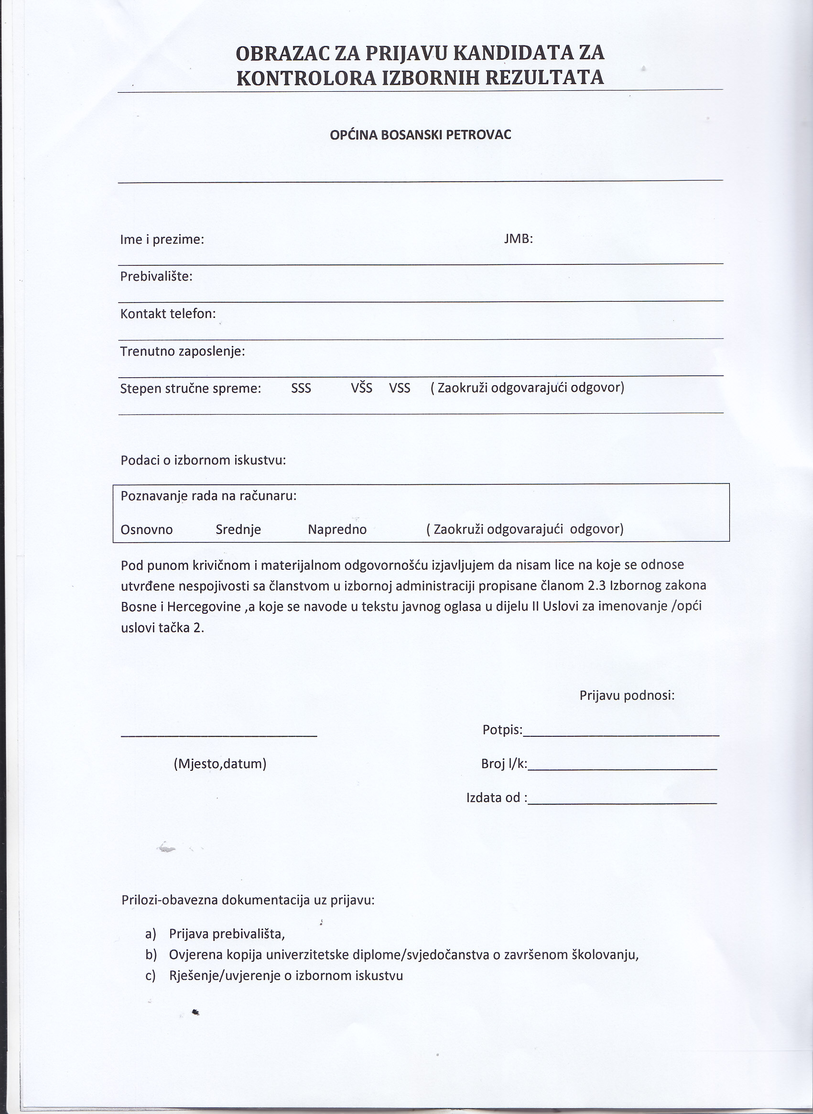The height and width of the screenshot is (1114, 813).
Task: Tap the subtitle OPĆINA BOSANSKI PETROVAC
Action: coord(420,135)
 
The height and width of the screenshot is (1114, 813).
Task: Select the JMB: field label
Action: coord(518,239)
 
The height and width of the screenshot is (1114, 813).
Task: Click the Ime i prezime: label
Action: coord(162,240)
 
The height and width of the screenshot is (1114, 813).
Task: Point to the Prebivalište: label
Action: coord(156,277)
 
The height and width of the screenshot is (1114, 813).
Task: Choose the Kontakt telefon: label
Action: coord(168,314)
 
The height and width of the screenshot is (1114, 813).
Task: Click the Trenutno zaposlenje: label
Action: coord(182,351)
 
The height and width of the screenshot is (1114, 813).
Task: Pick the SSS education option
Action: coord(301,388)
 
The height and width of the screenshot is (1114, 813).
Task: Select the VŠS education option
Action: coord(361,388)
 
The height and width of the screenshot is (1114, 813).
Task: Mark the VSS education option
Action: coord(400,388)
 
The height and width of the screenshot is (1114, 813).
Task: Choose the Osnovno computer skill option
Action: coord(147,530)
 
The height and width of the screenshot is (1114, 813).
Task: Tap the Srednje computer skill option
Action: coord(238,530)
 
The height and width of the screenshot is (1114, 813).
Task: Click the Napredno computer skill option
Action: coord(337,530)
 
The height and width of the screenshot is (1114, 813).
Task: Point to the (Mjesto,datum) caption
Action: coord(220,764)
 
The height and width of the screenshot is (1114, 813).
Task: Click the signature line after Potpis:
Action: coord(621,734)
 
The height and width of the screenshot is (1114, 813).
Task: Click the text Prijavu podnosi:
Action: coord(627,696)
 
